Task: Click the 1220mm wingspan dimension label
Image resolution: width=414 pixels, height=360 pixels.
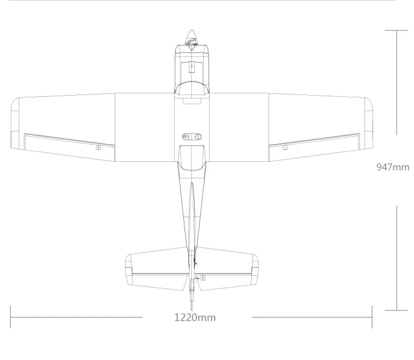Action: (x=195, y=318)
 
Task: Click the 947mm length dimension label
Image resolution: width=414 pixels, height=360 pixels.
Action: (x=393, y=167)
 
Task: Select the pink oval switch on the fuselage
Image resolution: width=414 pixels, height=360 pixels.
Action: (x=192, y=137)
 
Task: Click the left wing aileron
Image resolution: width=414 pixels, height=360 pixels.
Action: (x=70, y=148)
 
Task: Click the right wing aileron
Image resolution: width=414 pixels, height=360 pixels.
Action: (x=314, y=148)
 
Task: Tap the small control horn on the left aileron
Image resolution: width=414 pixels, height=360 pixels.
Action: (x=98, y=147)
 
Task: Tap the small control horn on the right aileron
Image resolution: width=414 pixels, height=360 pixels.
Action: (x=285, y=147)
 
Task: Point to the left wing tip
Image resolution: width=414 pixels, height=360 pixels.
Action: (x=15, y=123)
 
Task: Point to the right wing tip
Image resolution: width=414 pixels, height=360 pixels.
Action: (x=369, y=123)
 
